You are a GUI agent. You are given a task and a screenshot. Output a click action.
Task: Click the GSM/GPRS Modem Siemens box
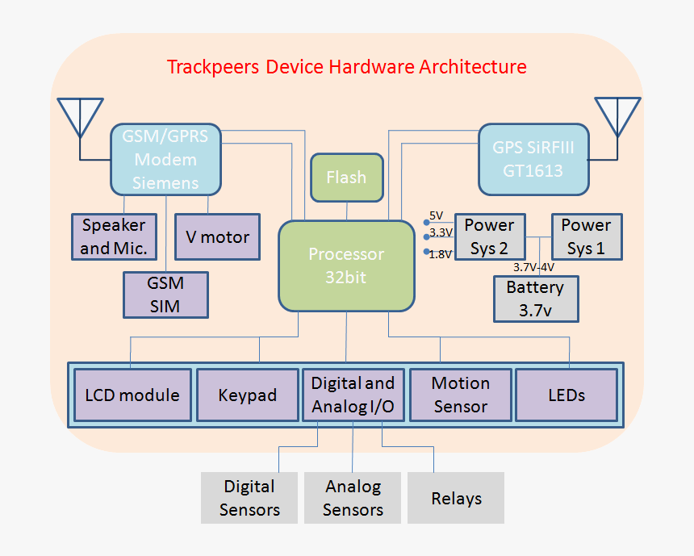(x=165, y=159)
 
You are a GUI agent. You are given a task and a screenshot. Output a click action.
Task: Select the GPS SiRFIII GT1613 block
(x=533, y=159)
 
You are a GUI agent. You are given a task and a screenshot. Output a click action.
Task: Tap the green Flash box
(x=346, y=178)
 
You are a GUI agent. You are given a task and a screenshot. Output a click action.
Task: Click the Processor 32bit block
(x=346, y=265)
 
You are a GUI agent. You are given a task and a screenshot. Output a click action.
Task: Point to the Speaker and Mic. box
(x=113, y=236)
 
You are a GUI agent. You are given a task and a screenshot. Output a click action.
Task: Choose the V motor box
(x=217, y=236)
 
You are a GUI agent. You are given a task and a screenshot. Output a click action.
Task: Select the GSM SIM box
(x=165, y=295)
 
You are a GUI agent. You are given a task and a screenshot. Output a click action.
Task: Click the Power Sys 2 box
(x=490, y=236)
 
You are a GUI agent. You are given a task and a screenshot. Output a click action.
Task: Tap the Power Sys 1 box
(x=586, y=236)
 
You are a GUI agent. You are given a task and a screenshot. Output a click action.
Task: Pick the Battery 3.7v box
(x=535, y=299)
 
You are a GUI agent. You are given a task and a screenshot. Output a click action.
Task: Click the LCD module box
(x=132, y=395)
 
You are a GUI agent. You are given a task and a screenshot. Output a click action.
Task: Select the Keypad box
(x=247, y=395)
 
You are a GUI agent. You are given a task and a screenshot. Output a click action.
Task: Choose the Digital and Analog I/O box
(x=353, y=395)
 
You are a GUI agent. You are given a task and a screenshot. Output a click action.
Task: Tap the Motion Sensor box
(x=460, y=395)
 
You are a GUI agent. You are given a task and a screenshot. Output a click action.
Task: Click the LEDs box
(x=566, y=395)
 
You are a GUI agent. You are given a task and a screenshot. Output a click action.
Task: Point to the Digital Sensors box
(x=249, y=498)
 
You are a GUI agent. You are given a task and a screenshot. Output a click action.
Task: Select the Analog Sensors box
(x=353, y=498)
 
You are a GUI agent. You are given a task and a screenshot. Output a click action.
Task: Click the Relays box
(x=456, y=498)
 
